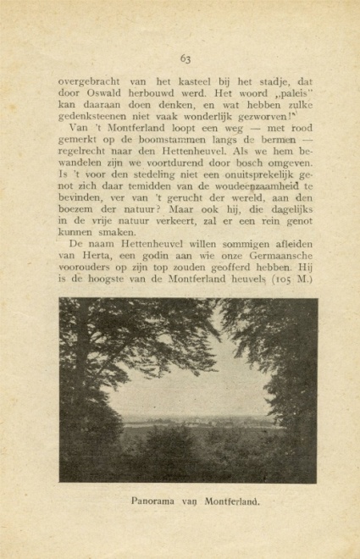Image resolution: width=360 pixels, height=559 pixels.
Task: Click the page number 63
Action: [186, 58]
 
